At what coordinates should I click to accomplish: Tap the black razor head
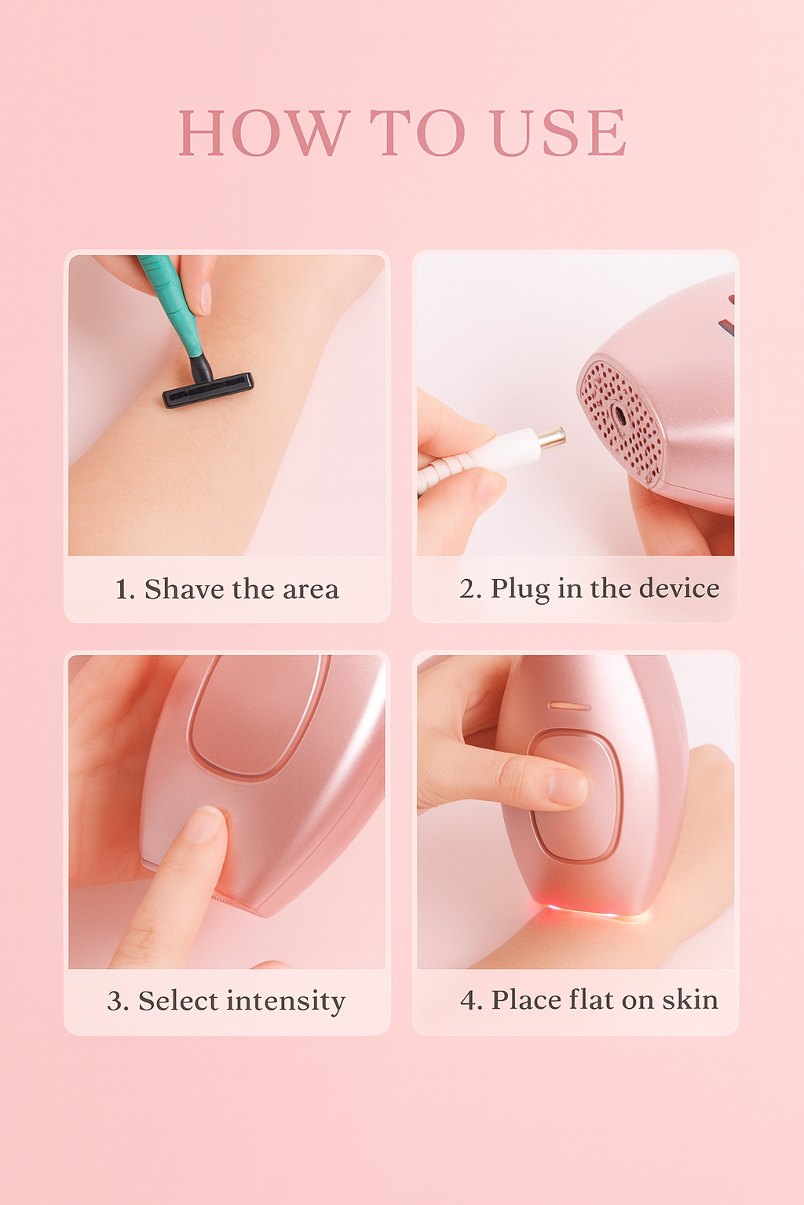[208, 390]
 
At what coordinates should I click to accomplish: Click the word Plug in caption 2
[520, 589]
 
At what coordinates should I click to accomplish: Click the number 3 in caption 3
[117, 1002]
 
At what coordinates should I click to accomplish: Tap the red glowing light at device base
[577, 910]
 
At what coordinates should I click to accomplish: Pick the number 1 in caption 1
[121, 590]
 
